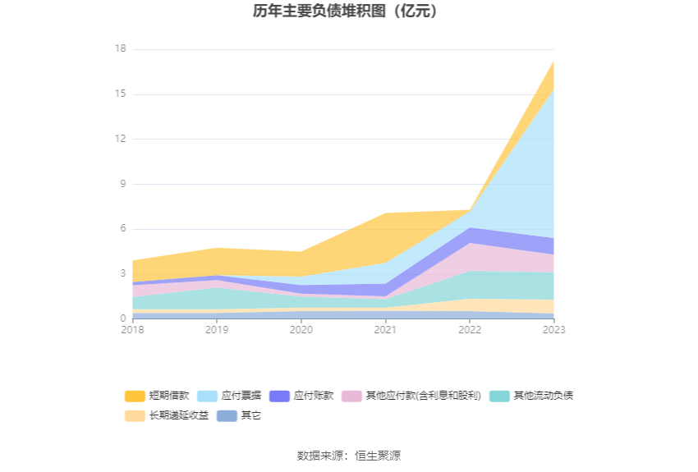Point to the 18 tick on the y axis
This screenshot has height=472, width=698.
pos(120,49)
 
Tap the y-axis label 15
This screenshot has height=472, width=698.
pos(120,94)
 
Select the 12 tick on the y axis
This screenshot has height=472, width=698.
pos(120,140)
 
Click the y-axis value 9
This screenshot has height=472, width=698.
pos(122,184)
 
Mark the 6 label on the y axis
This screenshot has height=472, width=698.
pos(122,229)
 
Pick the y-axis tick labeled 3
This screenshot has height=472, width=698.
pos(122,274)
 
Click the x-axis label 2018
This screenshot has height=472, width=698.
pos(132,330)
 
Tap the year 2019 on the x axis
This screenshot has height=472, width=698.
pos(217,330)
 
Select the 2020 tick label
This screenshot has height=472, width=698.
pos(301,330)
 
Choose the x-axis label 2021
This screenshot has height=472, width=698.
pos(385,330)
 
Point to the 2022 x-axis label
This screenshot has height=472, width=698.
pos(470,330)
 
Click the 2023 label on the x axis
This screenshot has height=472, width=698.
pos(553,330)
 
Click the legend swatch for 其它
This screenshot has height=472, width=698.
pos(227,415)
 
